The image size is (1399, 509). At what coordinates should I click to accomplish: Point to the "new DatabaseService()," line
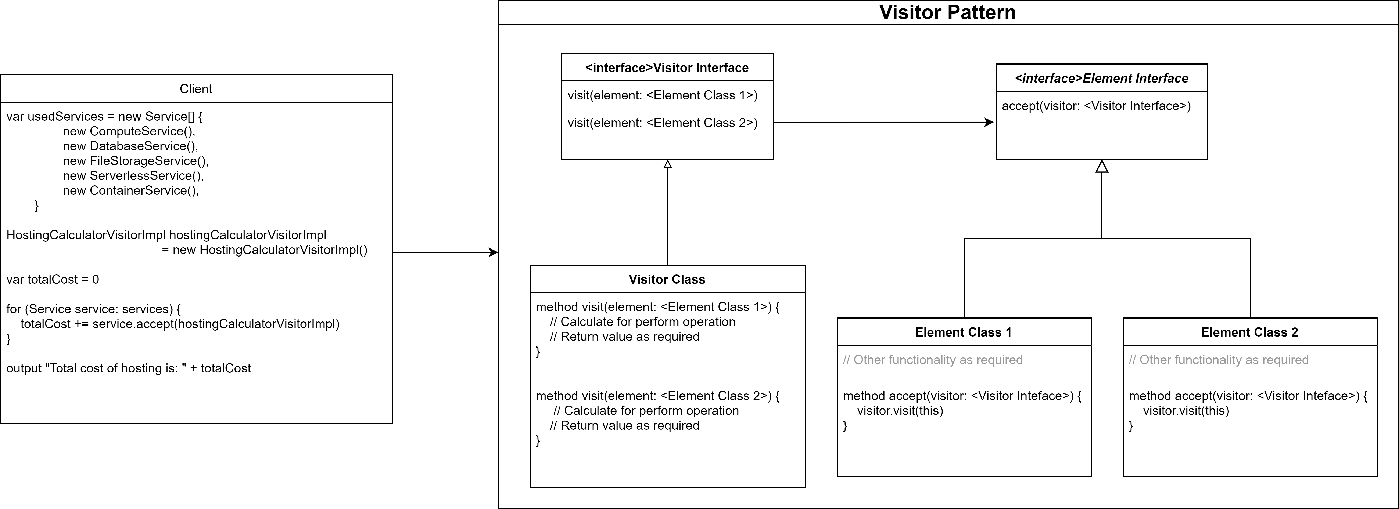130,146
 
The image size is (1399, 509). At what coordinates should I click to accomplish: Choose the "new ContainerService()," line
131,190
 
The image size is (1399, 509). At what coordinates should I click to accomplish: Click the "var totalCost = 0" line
53,279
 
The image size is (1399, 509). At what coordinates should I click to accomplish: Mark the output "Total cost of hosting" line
129,368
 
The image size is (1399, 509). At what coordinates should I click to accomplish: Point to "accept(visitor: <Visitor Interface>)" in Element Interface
1096,106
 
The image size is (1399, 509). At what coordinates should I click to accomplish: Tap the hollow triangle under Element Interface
1101,167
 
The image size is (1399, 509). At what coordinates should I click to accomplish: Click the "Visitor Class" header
667,279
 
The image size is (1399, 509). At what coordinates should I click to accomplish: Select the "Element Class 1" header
964,332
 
